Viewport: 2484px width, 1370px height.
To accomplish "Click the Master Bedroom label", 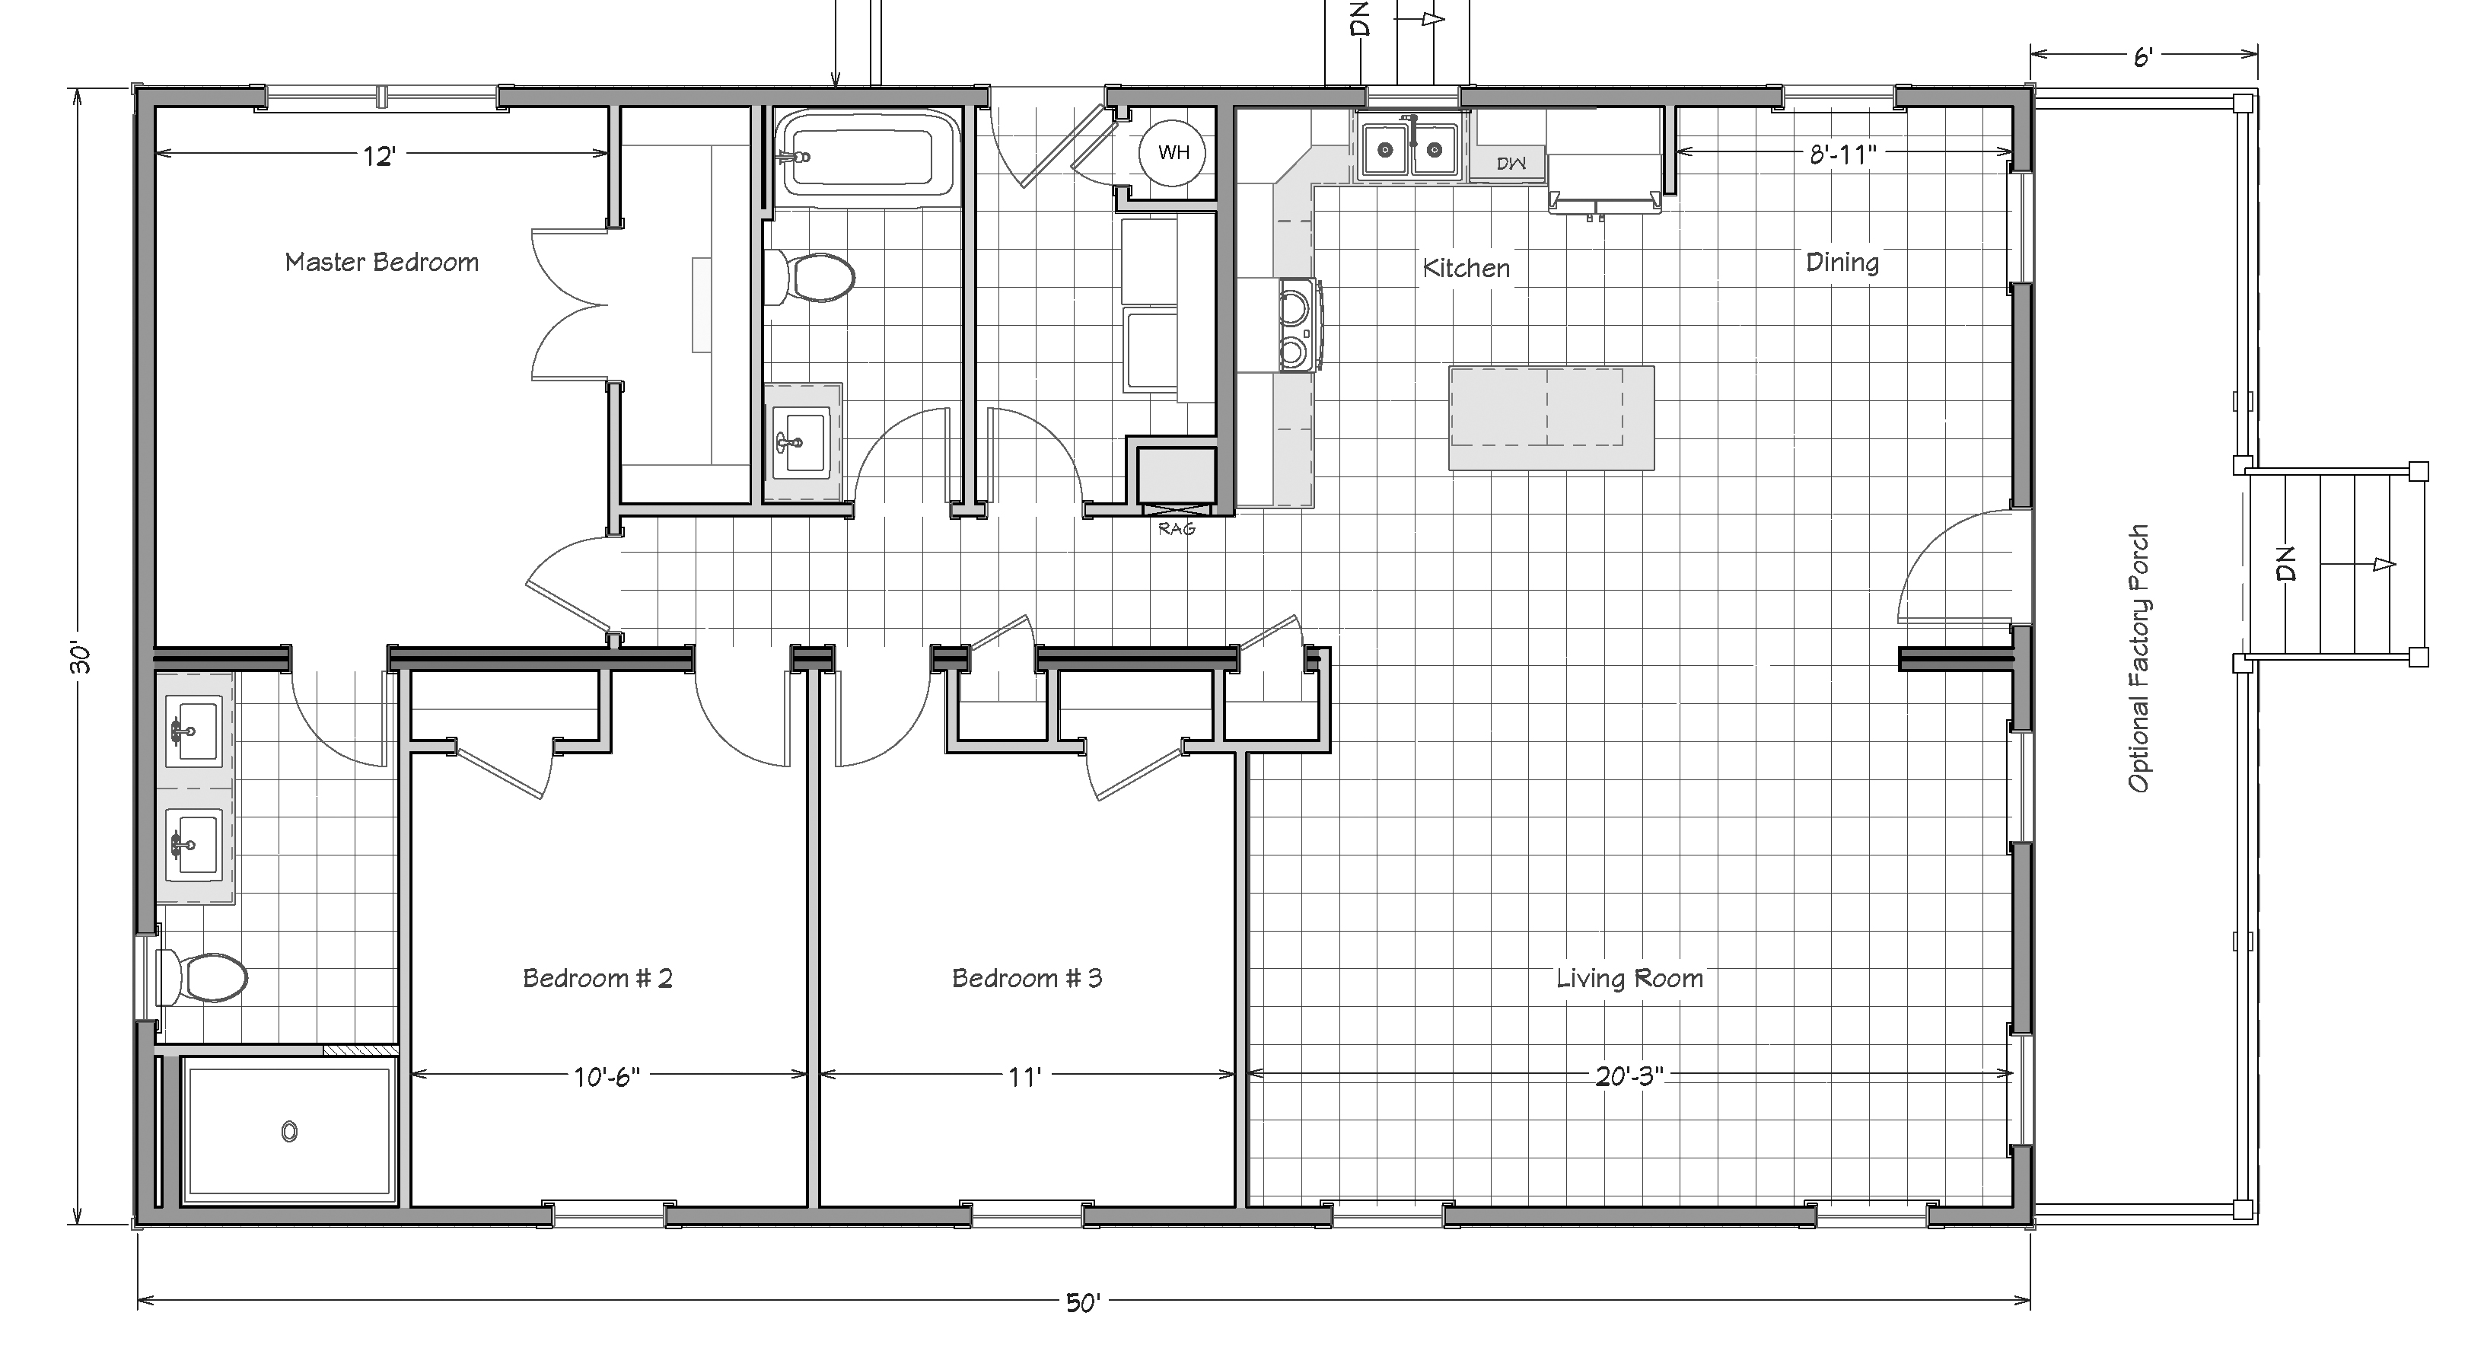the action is [382, 263].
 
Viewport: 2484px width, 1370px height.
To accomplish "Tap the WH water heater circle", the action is [1173, 151].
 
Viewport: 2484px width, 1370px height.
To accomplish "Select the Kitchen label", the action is [1466, 268].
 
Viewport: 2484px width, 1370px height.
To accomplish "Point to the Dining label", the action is [1842, 263].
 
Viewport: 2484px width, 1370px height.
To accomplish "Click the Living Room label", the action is [1629, 979].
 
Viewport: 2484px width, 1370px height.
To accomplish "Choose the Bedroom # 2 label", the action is [598, 979].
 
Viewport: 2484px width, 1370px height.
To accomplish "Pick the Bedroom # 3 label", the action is [1027, 979].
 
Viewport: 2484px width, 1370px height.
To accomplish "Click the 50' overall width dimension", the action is [1082, 1302].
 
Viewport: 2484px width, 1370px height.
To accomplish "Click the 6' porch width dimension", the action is [2142, 58].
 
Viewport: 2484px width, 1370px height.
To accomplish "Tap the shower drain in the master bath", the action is [289, 1132].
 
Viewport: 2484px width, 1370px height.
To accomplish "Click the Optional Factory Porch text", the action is [2138, 658].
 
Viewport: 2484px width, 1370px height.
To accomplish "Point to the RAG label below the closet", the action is [1177, 528].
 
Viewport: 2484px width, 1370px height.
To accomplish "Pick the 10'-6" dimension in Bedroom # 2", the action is [607, 1076].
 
